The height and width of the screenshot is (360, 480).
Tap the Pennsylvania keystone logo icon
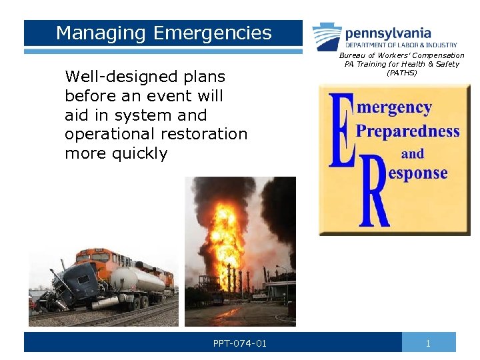point(327,36)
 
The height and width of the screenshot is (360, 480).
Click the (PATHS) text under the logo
point(401,73)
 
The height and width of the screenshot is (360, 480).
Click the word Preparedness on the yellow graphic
point(407,130)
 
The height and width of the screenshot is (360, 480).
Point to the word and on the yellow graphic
point(412,153)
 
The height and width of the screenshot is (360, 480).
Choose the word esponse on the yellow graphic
point(417,173)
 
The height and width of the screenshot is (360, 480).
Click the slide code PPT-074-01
point(240,343)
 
